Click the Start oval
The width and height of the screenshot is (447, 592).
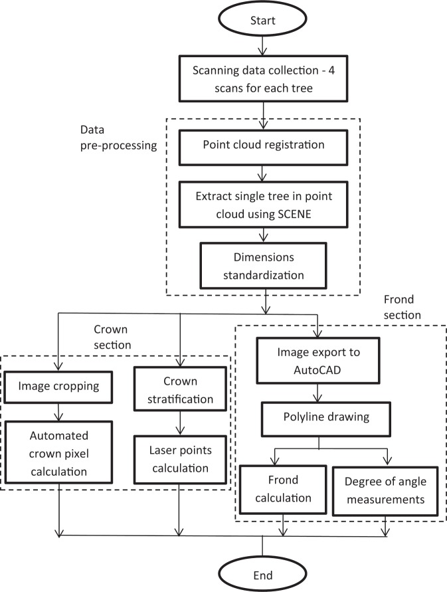coord(265,20)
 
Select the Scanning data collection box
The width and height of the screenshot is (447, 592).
coord(265,78)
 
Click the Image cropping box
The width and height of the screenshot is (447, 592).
coord(59,385)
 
